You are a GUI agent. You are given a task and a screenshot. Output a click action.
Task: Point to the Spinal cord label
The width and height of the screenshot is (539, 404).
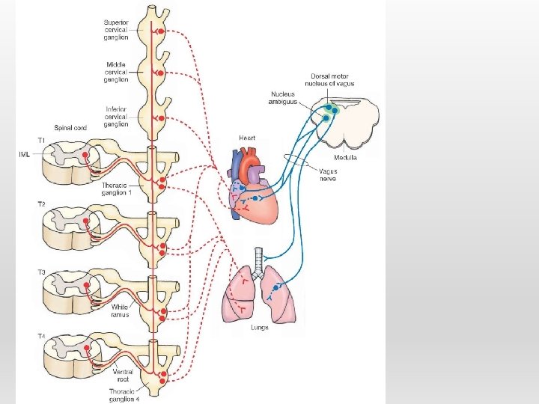(x=70, y=128)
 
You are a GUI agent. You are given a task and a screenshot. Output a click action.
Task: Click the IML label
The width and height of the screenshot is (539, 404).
(x=25, y=155)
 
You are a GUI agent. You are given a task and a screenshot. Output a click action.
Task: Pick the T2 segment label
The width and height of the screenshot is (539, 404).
(x=42, y=203)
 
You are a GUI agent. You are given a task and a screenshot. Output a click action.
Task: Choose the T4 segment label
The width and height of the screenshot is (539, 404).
(x=42, y=336)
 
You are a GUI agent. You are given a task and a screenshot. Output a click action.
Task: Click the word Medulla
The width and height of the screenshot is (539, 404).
(x=345, y=158)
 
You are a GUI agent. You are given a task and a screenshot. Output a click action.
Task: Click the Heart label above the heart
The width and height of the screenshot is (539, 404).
(x=247, y=138)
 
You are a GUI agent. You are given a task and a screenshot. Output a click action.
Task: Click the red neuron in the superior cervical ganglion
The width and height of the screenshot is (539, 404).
(x=159, y=32)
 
